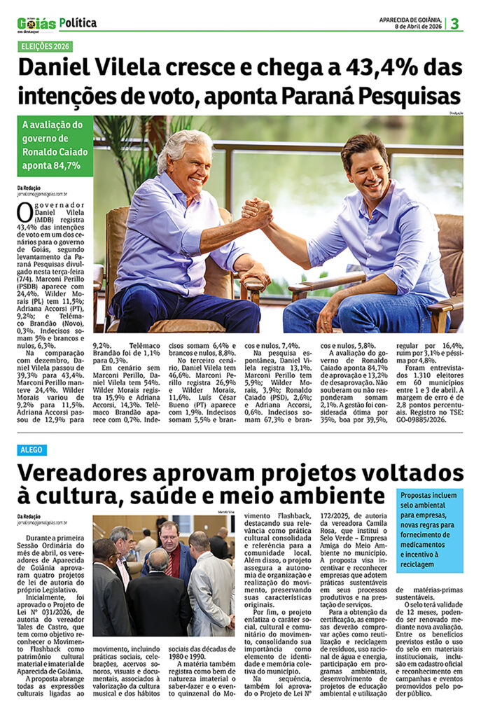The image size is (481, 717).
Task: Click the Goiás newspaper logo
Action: pos(36,24)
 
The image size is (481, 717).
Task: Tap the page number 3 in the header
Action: pos(454,23)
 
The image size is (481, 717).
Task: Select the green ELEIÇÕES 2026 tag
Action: pos(46,48)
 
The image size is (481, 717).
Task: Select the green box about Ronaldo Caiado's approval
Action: pos(55,145)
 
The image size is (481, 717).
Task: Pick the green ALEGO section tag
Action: pos(32,450)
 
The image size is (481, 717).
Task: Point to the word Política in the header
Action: pos(78,23)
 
